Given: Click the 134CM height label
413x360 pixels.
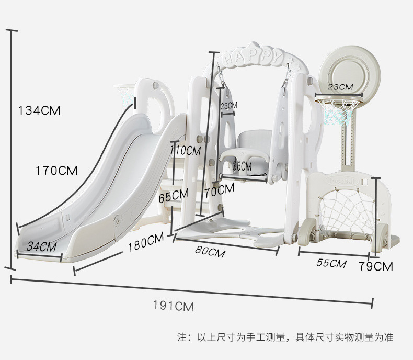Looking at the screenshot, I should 39,110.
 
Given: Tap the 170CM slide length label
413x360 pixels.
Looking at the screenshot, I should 56,171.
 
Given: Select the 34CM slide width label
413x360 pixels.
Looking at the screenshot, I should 42,246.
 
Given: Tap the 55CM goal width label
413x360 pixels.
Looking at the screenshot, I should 331,263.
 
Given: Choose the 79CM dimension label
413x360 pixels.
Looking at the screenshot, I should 376,266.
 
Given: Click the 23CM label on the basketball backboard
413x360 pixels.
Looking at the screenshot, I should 340,87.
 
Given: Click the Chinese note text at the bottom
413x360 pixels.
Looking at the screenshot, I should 285,337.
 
